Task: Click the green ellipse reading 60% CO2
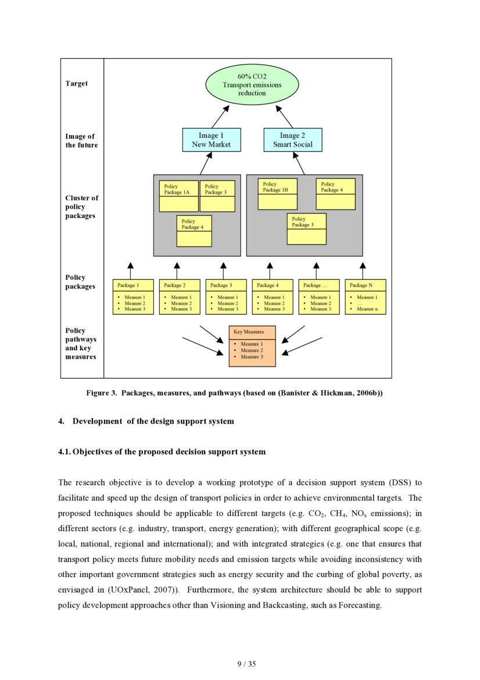252,85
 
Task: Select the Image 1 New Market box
212,140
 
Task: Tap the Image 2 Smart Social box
292,140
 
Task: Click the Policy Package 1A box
179,195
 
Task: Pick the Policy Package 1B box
277,194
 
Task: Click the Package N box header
365,285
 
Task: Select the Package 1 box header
133,285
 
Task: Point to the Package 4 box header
272,285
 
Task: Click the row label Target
77,84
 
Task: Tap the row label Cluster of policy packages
81,207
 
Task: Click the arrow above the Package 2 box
177,270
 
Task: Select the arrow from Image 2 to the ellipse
284,116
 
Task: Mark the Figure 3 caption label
102,393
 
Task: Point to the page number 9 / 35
246,664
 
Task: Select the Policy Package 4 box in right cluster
335,194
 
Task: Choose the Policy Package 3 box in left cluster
217,196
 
